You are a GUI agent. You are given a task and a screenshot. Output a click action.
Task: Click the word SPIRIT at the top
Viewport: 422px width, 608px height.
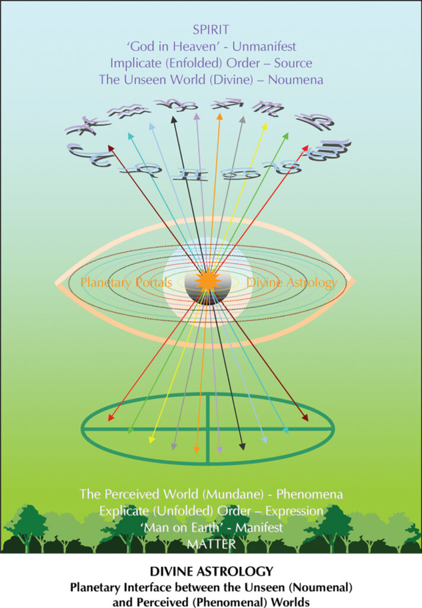coord(211,30)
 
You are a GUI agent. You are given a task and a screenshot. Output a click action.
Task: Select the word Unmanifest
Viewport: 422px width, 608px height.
coord(264,46)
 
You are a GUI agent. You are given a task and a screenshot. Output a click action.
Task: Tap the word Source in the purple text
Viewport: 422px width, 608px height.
coord(293,63)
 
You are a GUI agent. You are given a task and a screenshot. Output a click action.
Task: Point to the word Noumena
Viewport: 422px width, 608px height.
coord(296,80)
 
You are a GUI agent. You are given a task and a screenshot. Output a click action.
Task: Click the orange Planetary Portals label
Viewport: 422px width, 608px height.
coord(126,282)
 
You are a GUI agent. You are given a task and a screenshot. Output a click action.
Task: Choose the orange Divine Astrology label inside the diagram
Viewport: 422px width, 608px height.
coord(292,282)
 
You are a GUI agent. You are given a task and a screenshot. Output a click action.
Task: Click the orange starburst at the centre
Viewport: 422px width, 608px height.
coord(208,280)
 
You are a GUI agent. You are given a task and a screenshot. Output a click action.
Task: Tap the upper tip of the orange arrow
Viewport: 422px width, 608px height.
coord(220,115)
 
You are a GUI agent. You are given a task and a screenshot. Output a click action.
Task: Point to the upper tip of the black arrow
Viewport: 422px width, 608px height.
coord(173,118)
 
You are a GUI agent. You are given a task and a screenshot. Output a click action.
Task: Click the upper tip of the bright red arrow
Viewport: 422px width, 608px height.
coord(307,146)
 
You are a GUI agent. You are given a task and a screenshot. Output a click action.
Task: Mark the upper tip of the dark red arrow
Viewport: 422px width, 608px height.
coord(109,146)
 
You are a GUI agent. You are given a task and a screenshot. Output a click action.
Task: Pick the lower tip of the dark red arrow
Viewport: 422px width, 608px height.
coord(307,421)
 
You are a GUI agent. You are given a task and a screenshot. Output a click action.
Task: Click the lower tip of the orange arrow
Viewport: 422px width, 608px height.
coord(196,452)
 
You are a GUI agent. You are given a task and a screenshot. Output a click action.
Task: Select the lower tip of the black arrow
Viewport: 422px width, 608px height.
coord(243,450)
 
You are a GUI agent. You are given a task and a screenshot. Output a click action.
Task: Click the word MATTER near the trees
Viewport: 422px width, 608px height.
coord(211,544)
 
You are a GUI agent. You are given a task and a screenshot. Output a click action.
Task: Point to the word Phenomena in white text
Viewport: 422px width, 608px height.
coord(309,494)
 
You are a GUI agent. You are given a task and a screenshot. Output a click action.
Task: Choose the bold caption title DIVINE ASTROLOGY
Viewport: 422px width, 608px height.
coord(211,571)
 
